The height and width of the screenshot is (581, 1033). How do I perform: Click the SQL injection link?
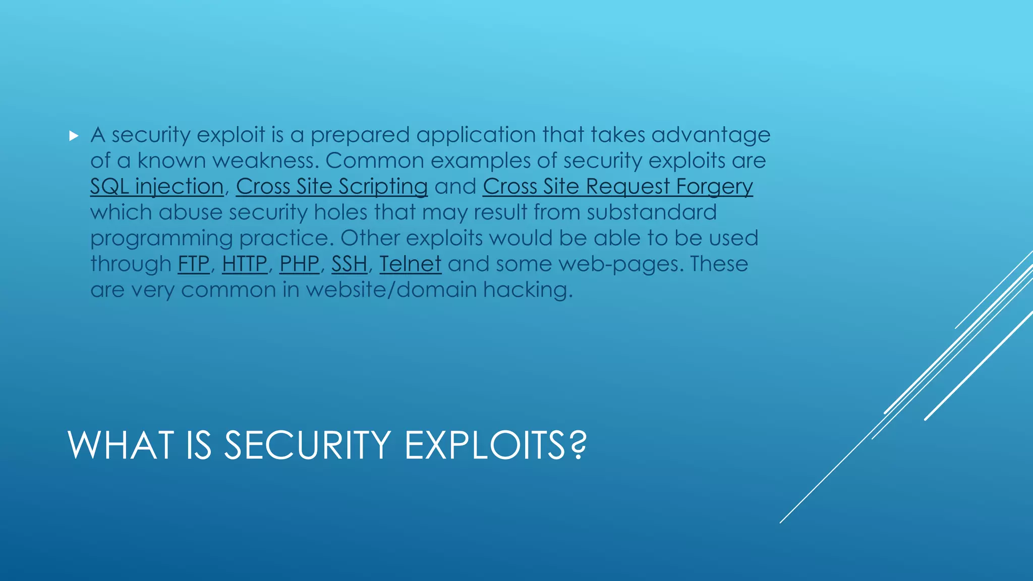(x=156, y=187)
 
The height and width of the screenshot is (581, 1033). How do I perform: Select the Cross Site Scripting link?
(x=331, y=187)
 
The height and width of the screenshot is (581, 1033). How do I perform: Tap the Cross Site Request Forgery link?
(x=617, y=187)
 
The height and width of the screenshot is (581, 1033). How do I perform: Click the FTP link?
(x=193, y=264)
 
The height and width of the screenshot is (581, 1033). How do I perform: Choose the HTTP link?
(x=245, y=264)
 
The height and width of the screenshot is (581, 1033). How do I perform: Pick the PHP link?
(x=300, y=264)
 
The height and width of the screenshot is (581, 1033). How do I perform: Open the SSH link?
(x=349, y=264)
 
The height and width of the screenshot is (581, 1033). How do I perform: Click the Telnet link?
(x=410, y=264)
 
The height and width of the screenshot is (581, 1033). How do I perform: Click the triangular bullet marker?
(x=74, y=136)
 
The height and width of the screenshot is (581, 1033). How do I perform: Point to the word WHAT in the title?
(x=121, y=445)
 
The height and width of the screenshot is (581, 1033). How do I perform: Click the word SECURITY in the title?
(x=307, y=445)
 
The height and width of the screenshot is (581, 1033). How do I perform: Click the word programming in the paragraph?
(x=161, y=239)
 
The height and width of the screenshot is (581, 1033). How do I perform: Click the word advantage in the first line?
(x=711, y=135)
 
